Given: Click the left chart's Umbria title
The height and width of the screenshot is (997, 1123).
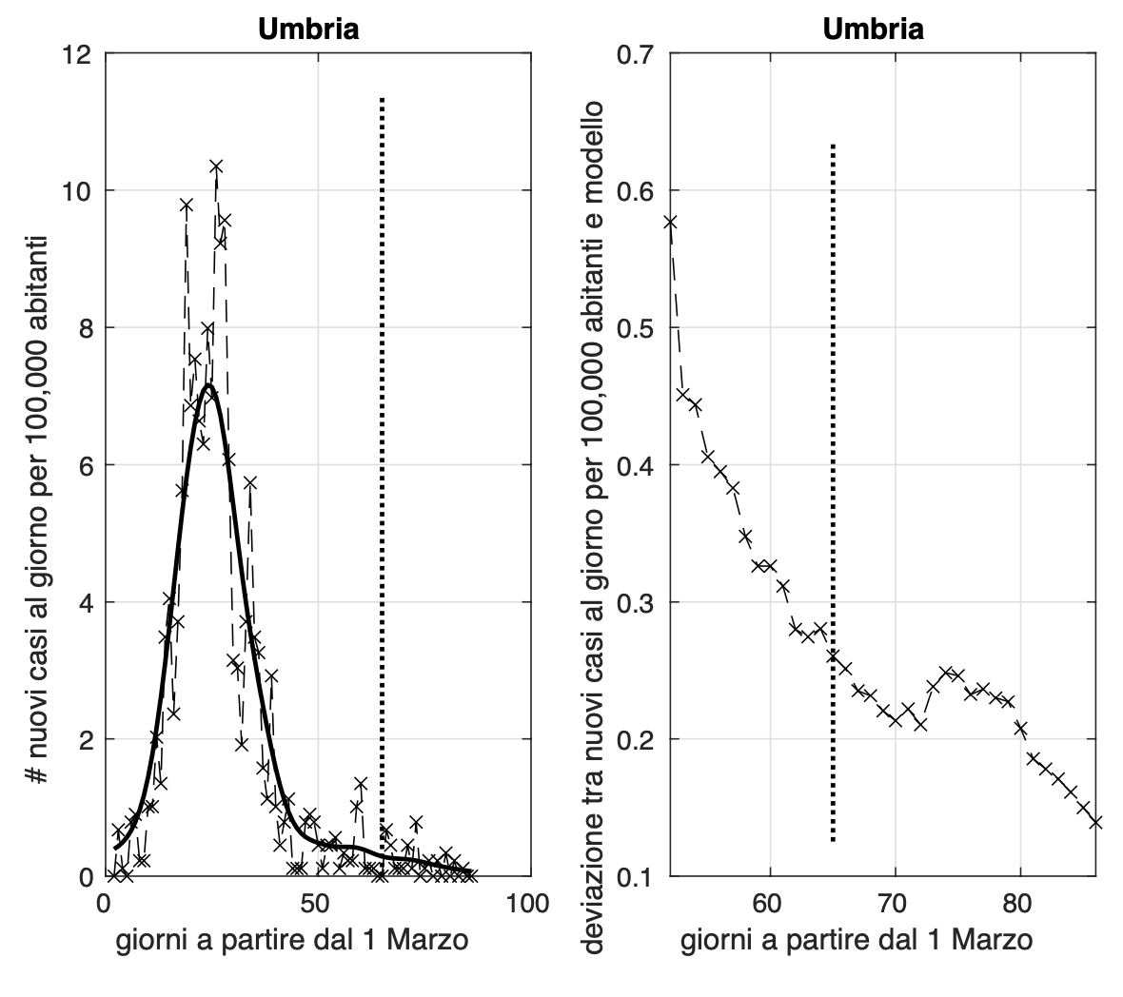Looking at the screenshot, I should pyautogui.click(x=308, y=29).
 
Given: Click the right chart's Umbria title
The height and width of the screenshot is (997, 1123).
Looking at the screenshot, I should pyautogui.click(x=873, y=29).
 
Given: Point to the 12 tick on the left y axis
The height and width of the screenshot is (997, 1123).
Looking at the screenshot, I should pyautogui.click(x=84, y=54).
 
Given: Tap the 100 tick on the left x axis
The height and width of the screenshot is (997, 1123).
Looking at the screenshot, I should pyautogui.click(x=527, y=903).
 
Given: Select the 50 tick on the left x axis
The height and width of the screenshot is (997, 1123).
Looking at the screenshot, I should pyautogui.click(x=317, y=903).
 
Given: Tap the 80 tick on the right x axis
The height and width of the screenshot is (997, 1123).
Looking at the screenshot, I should pyautogui.click(x=1020, y=903).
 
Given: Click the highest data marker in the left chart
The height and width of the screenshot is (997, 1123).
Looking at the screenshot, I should pyautogui.click(x=216, y=166).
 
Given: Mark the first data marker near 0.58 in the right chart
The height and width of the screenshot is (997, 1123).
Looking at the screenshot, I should pyautogui.click(x=670, y=222).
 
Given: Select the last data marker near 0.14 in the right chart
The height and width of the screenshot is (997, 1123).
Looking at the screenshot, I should pyautogui.click(x=1095, y=822).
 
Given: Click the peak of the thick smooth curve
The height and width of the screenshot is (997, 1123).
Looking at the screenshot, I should pyautogui.click(x=208, y=385).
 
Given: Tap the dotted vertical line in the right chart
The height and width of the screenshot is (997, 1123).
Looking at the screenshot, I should pyautogui.click(x=833, y=476).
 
